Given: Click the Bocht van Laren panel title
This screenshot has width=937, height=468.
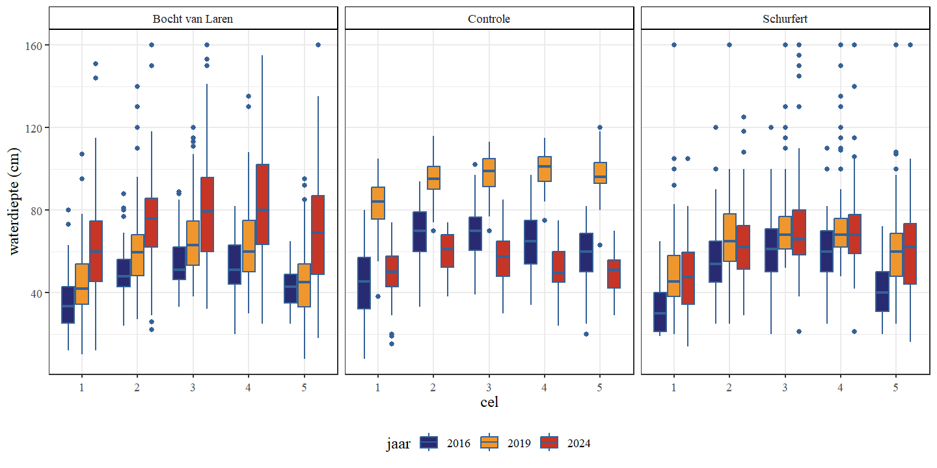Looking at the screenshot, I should (x=193, y=19).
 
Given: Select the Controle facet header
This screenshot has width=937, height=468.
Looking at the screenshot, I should (x=489, y=19).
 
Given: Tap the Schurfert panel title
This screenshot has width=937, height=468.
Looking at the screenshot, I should (x=785, y=19).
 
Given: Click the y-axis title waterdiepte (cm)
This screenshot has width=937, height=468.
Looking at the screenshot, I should (x=14, y=201).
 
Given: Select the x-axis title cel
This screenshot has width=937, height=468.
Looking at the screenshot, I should (x=489, y=402).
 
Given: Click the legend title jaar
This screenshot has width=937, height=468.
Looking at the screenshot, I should (x=398, y=443).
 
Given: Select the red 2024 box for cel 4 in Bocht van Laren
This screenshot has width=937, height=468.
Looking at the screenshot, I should (x=262, y=204).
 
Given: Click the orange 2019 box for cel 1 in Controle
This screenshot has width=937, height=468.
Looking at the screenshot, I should (x=378, y=203).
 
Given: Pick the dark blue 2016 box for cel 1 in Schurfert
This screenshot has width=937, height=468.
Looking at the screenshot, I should (x=660, y=312).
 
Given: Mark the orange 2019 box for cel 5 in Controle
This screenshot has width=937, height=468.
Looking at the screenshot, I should (x=600, y=173).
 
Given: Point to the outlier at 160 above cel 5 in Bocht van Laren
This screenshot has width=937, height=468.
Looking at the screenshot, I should (x=318, y=45).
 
